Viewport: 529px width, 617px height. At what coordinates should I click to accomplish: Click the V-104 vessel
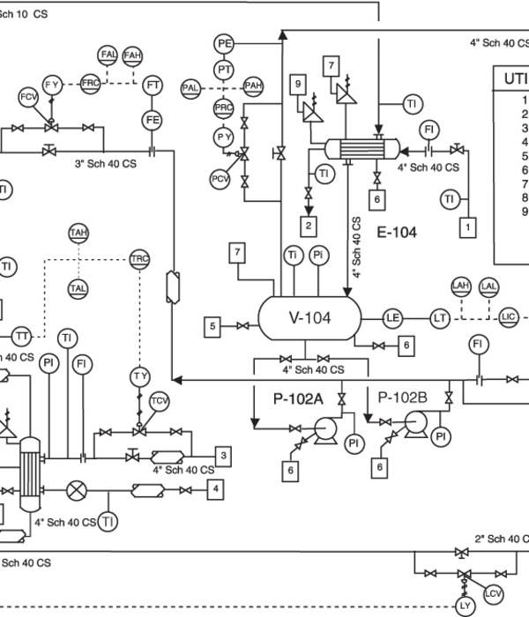[x=309, y=318]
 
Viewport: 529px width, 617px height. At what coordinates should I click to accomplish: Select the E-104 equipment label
[x=397, y=233]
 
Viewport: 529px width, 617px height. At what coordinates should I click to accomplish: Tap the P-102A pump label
[x=298, y=398]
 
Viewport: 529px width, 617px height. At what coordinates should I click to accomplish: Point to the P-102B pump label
[x=402, y=398]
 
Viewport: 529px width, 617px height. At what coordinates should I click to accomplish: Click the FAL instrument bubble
[x=108, y=55]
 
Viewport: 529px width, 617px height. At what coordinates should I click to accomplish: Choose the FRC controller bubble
[x=90, y=82]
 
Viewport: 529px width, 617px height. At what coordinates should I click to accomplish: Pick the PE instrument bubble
[x=224, y=42]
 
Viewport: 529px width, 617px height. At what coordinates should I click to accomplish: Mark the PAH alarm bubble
[x=254, y=85]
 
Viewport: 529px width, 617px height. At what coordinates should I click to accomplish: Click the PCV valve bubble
[x=220, y=180]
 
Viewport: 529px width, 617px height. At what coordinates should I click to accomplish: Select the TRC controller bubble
[x=139, y=259]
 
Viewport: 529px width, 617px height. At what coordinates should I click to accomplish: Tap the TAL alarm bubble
[x=78, y=288]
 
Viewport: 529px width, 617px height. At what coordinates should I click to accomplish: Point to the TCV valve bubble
[x=159, y=402]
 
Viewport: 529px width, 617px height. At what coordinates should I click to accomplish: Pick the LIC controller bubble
[x=508, y=316]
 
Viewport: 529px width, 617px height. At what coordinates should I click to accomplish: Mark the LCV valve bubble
[x=494, y=594]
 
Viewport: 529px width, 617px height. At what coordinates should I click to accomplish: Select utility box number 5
[x=213, y=327]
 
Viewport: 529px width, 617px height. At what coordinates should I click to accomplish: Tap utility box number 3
[x=225, y=456]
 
